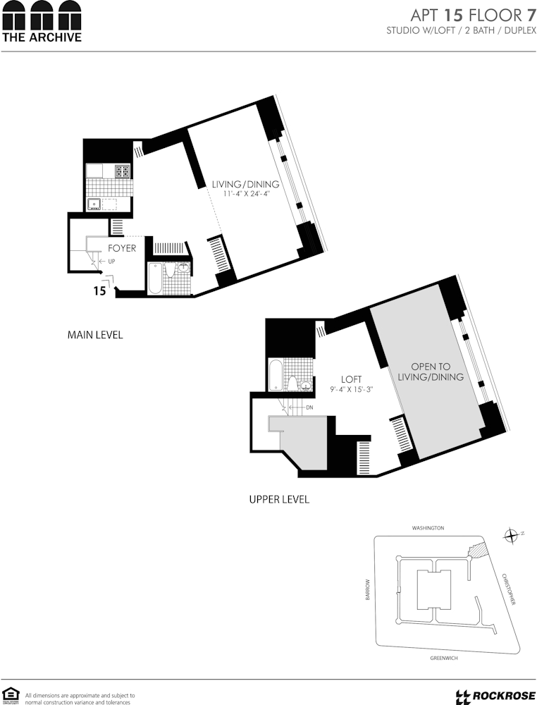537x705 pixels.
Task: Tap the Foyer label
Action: tap(122, 248)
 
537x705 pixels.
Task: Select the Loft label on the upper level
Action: tap(351, 379)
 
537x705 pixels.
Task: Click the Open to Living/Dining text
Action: tap(431, 372)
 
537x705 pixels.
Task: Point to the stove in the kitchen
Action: tap(123, 171)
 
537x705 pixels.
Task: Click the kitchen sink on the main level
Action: tap(94, 204)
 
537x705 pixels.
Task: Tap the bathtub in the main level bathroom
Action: tap(154, 278)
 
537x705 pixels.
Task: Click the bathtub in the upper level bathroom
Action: tap(275, 374)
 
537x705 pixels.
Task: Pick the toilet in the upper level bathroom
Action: tap(291, 384)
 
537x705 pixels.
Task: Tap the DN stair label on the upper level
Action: tap(309, 407)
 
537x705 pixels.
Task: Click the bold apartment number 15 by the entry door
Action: tap(100, 291)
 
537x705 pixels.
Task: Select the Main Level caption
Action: tap(95, 335)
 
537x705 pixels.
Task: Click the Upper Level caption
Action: tap(279, 499)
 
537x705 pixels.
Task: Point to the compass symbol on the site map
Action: tap(511, 536)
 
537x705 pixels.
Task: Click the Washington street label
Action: tap(428, 528)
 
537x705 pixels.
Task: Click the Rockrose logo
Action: tap(495, 696)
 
